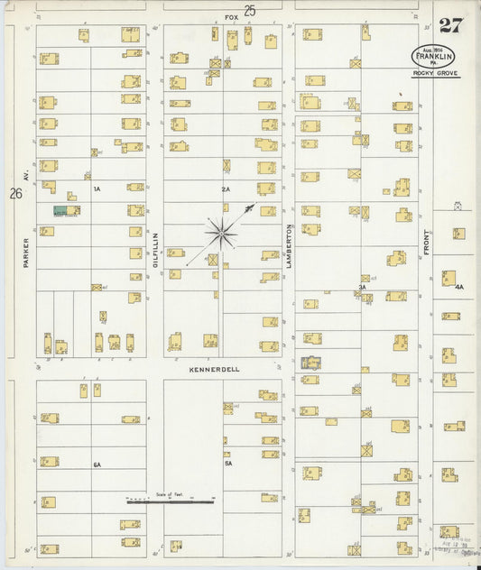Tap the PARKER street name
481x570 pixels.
click(28, 253)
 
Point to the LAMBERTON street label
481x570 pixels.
click(290, 244)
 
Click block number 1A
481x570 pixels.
click(97, 189)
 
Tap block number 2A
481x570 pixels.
click(226, 189)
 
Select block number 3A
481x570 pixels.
click(362, 288)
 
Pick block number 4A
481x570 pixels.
click(458, 288)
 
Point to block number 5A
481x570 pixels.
click(228, 464)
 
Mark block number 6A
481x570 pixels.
click(97, 464)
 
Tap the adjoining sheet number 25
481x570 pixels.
click(249, 11)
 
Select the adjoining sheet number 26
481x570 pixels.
click(15, 193)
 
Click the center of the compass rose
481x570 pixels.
click(221, 233)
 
